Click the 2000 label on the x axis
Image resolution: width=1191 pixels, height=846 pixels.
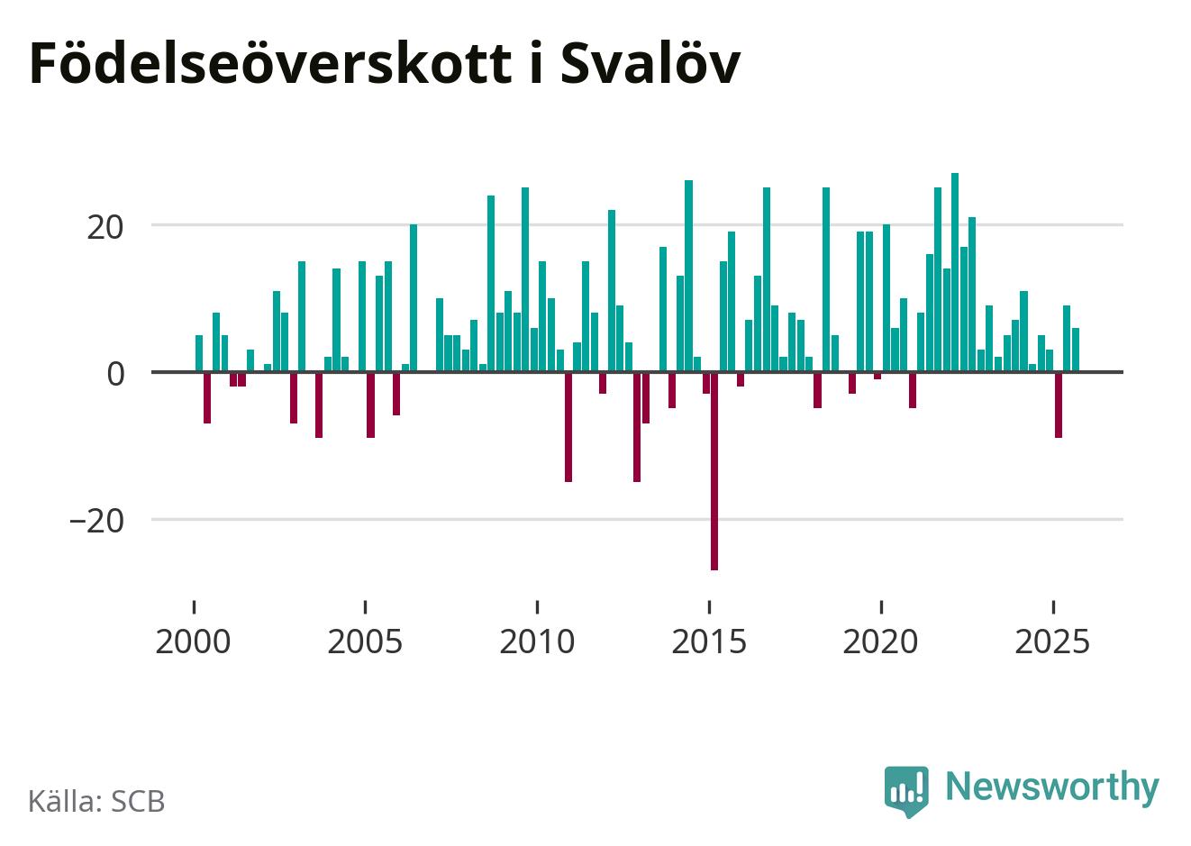(193, 642)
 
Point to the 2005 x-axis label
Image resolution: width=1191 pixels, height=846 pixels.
(365, 642)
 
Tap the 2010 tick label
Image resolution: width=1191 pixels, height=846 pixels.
(537, 642)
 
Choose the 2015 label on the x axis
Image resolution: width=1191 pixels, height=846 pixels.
(709, 642)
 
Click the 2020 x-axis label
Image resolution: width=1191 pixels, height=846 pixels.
(881, 642)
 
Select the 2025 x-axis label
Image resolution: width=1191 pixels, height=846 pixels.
(1052, 642)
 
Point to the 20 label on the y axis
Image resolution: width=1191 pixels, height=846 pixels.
(105, 225)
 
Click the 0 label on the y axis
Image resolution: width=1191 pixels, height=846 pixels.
(115, 373)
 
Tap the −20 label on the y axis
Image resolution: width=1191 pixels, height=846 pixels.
(96, 521)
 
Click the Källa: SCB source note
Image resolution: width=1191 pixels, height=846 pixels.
(96, 801)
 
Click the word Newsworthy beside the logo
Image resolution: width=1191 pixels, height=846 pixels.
(1051, 787)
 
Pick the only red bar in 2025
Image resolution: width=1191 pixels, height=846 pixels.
(1059, 405)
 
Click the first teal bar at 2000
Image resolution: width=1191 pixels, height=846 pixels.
(199, 353)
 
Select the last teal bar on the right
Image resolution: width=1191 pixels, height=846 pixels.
(1076, 350)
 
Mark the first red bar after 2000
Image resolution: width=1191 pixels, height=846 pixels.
(207, 397)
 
